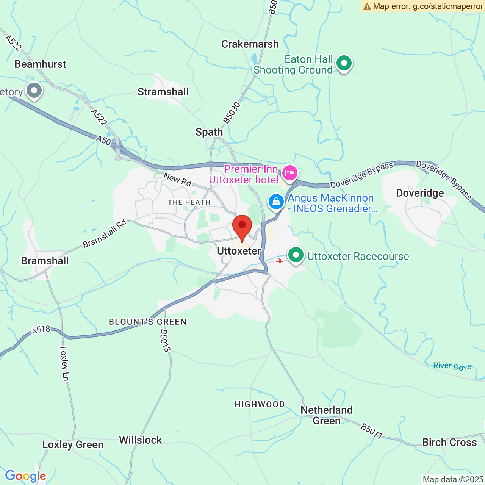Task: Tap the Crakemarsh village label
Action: [x=250, y=44]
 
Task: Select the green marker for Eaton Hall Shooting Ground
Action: [x=344, y=63]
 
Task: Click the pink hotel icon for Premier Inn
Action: [x=290, y=174]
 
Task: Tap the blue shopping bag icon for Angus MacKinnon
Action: [x=276, y=202]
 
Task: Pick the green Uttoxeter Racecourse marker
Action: [x=296, y=255]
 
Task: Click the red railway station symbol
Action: [x=280, y=261]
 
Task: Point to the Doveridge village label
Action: [x=419, y=193]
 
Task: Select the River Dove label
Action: [x=452, y=366]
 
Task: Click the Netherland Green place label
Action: [x=326, y=415]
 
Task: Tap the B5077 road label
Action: [x=371, y=432]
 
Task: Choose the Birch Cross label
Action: [x=449, y=442]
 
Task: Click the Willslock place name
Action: [x=141, y=440]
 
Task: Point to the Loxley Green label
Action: [x=72, y=444]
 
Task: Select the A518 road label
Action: [x=41, y=330]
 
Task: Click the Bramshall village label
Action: [x=45, y=261]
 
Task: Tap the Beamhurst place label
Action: [x=40, y=64]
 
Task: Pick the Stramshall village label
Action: [x=163, y=92]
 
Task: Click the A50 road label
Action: [x=103, y=141]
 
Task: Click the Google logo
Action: [x=25, y=476]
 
